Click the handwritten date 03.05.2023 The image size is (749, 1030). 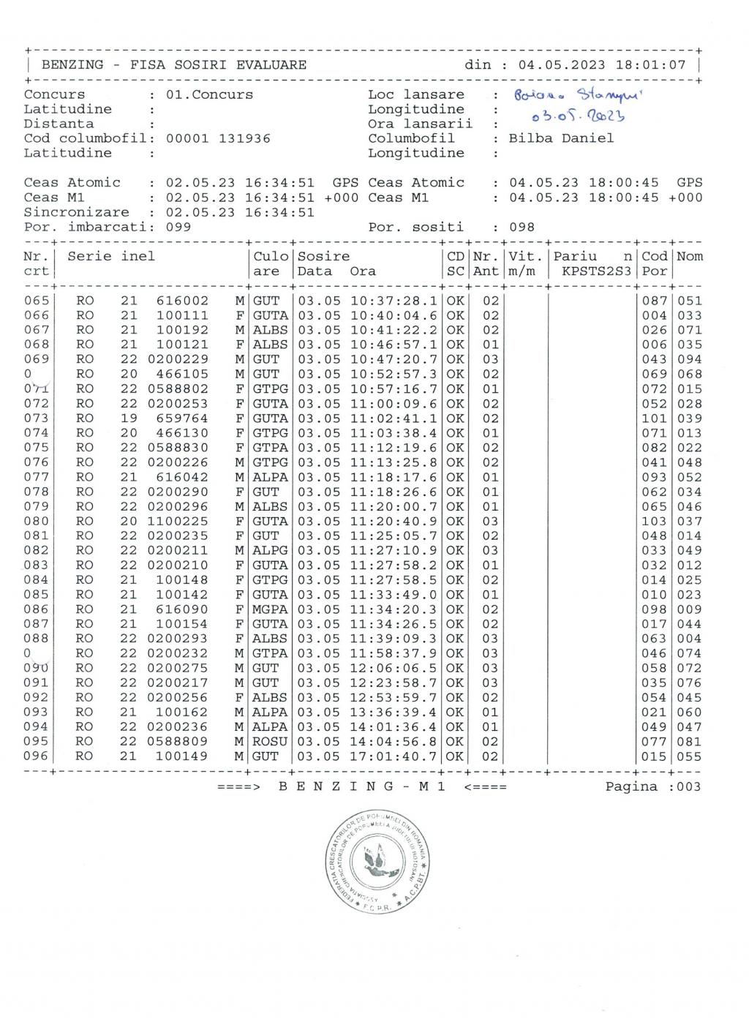point(578,116)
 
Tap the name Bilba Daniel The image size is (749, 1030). point(561,138)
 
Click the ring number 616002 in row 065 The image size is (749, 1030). point(182,301)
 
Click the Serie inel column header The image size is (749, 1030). point(111,257)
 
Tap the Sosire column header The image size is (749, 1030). point(323,257)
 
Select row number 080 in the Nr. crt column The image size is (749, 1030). point(36,522)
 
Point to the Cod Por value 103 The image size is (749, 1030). point(654,522)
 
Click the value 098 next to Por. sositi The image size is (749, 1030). point(522,227)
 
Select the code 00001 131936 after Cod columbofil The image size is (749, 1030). point(218,138)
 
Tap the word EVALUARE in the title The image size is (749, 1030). point(271,64)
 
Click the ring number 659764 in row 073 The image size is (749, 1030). point(182,418)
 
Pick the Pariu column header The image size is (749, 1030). point(575,257)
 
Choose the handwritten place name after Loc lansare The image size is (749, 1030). point(577,95)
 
